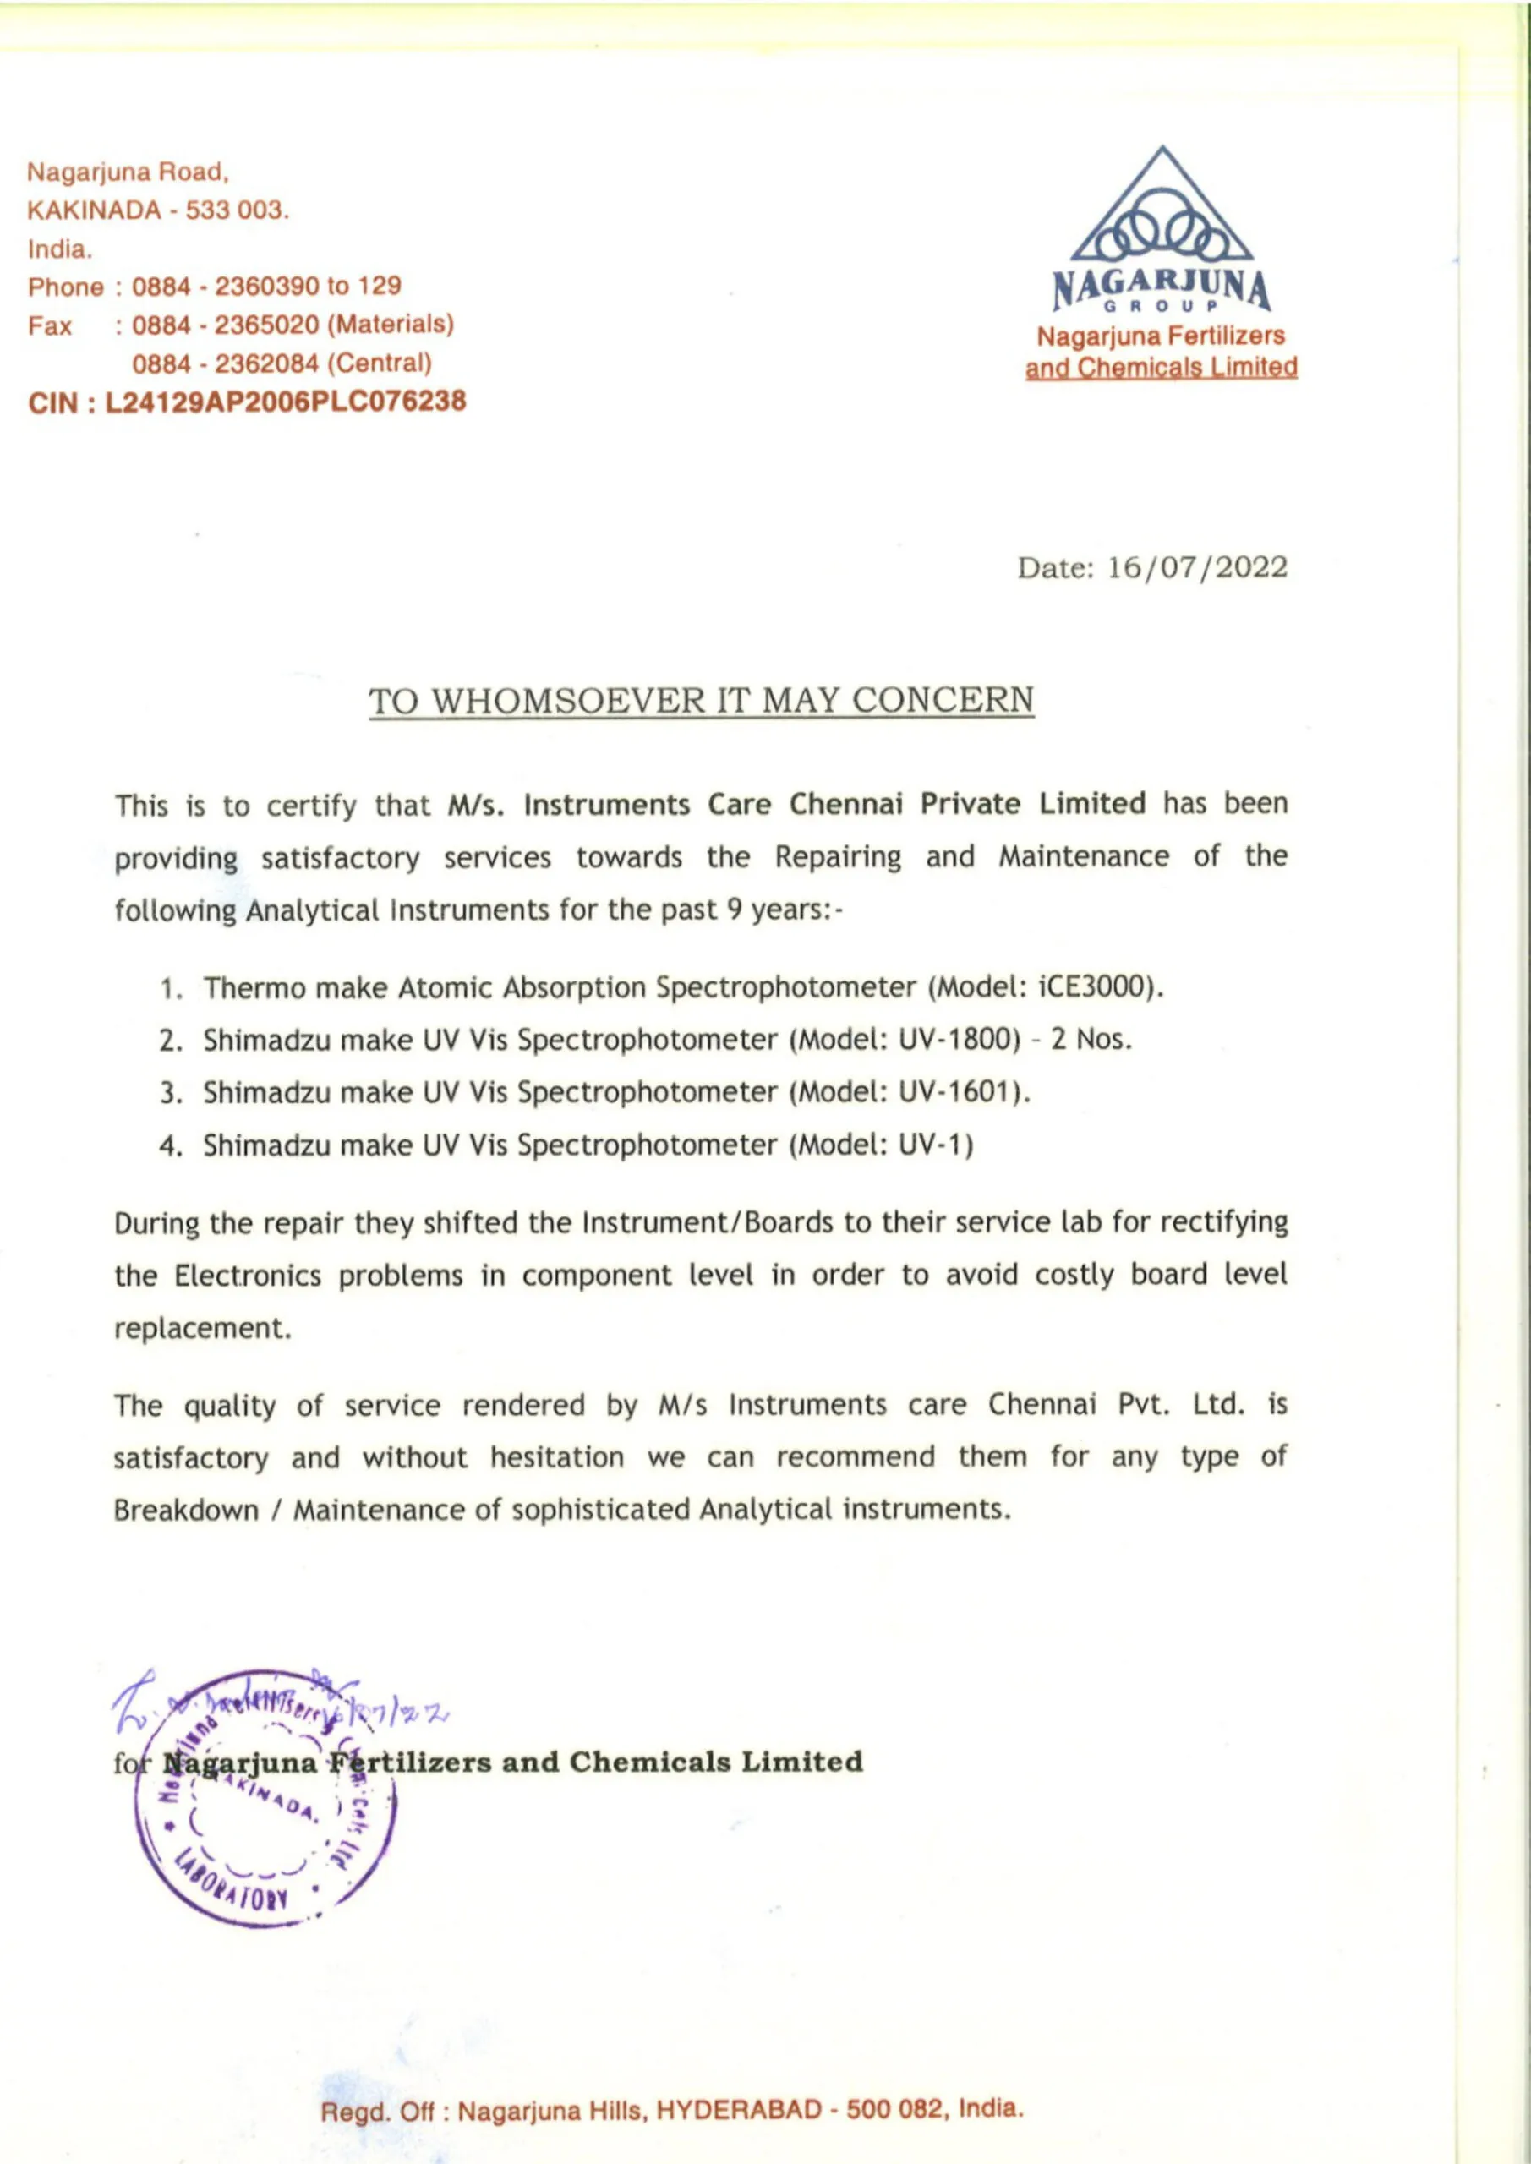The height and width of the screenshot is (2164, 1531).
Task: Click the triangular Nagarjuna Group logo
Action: coord(1162,206)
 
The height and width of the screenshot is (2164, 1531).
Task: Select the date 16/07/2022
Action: coord(1197,567)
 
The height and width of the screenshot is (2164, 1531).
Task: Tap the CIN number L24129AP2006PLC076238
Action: coord(286,402)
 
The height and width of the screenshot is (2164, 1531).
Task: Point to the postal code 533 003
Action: coord(236,210)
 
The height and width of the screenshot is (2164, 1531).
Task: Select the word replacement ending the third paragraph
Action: coord(202,1328)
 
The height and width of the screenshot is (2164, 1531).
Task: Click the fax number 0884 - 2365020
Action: coord(226,325)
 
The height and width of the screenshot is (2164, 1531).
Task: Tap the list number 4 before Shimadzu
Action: coord(170,1146)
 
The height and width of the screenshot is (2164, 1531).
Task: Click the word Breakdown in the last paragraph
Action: coord(186,1510)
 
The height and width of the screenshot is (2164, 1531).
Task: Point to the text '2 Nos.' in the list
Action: coord(1091,1040)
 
